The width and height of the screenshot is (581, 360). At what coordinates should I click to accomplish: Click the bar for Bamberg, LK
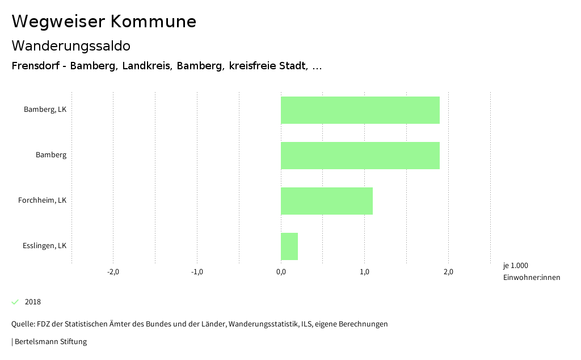[360, 110]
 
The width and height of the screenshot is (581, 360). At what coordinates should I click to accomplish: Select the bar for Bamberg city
[360, 155]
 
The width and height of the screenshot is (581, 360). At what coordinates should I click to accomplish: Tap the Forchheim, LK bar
[326, 200]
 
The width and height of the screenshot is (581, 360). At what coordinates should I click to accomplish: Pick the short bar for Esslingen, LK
[289, 246]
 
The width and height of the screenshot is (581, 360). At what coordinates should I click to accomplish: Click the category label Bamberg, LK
[45, 110]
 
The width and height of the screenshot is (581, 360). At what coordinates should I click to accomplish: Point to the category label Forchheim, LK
[42, 200]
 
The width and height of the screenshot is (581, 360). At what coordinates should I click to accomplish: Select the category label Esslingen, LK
[44, 246]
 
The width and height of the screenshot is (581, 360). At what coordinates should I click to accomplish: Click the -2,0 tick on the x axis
[113, 272]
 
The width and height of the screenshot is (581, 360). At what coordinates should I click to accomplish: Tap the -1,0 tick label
[197, 272]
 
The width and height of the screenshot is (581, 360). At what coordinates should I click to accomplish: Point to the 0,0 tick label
[281, 272]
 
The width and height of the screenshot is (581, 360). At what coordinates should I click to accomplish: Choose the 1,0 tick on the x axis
[365, 272]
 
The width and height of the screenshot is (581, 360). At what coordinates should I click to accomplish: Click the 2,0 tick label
[448, 272]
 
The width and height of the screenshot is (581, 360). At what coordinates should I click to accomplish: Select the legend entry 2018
[33, 302]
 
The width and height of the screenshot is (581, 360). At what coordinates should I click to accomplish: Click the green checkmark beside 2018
[15, 302]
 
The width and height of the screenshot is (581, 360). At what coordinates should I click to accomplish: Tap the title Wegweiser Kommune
[104, 22]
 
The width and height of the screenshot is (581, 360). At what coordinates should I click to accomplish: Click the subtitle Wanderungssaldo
[71, 45]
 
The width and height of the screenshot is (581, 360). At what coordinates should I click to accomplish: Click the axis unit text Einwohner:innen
[531, 278]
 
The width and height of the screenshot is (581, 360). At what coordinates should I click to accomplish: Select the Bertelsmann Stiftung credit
[50, 342]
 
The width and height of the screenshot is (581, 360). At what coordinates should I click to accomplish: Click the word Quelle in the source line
[23, 324]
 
